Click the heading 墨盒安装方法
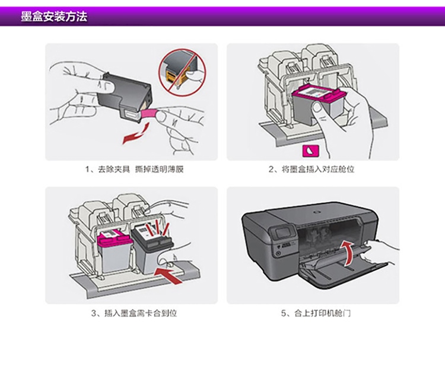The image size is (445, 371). tap(54, 17)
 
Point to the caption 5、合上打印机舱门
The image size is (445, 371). tap(315, 313)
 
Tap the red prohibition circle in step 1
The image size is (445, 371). tap(179, 72)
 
